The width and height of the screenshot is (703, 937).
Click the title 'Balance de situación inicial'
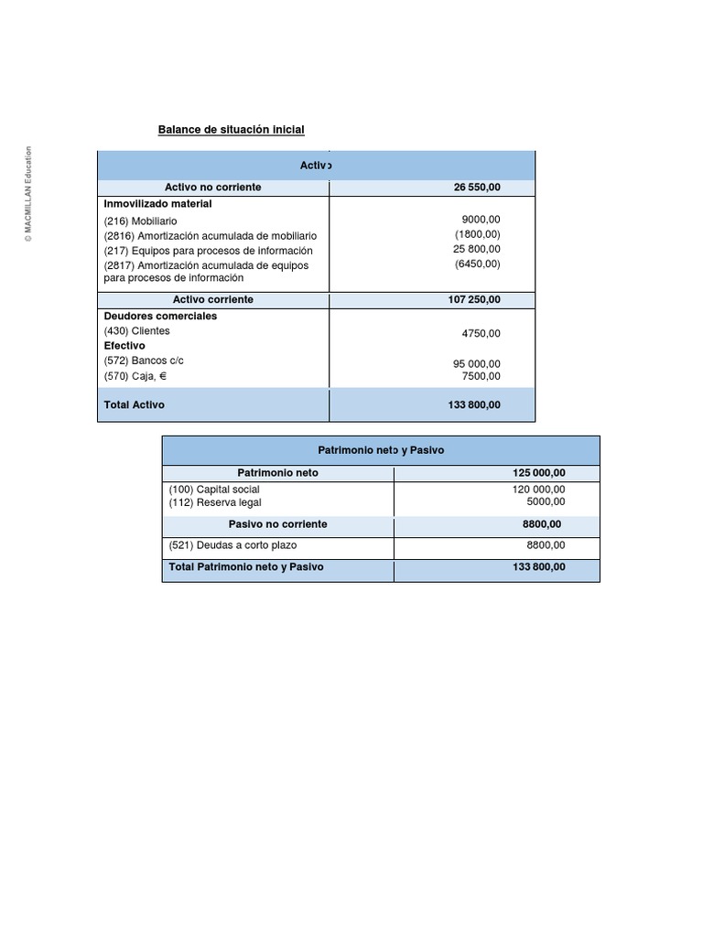(x=231, y=130)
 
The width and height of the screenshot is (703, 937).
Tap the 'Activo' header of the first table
(x=316, y=166)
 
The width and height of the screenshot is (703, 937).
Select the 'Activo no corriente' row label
(x=212, y=188)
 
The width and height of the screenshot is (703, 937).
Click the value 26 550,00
(x=477, y=188)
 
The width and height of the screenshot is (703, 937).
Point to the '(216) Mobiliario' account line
(x=141, y=221)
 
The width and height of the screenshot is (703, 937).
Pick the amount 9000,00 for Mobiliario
(x=481, y=220)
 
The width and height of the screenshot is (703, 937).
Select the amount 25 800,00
(x=477, y=249)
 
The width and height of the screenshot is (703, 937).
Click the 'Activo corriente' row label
(x=212, y=300)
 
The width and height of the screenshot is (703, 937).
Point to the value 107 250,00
(x=474, y=300)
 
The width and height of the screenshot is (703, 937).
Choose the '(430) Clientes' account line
(x=137, y=331)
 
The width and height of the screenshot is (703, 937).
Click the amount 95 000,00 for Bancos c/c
(x=477, y=363)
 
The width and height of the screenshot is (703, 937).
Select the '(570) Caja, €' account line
(x=135, y=376)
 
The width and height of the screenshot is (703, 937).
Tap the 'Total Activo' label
(x=135, y=404)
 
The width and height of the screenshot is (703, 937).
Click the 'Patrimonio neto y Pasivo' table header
(x=381, y=451)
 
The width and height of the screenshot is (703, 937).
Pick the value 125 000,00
(x=539, y=473)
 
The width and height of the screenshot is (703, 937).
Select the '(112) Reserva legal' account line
(x=215, y=502)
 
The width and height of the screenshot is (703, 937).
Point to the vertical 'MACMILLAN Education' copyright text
(x=28, y=194)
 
